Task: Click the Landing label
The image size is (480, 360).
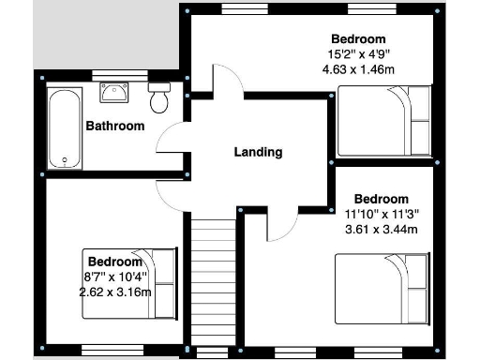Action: pos(258,152)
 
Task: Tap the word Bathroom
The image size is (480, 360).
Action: pos(115,126)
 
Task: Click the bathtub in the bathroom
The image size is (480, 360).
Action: pos(64,128)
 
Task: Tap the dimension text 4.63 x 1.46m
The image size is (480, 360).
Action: pos(357,69)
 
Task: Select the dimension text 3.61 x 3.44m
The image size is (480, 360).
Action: pos(381,228)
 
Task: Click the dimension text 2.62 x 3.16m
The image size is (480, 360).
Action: pos(115,292)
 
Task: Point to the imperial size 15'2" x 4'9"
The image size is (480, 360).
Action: pos(357,54)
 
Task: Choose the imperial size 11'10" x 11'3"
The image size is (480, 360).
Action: pos(381,213)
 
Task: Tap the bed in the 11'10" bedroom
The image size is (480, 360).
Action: pos(383,286)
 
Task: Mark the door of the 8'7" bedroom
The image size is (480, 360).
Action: pos(172,195)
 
